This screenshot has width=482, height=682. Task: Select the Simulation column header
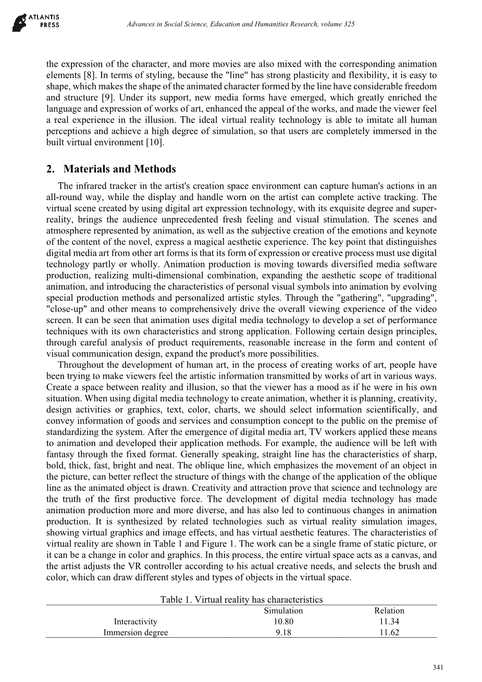pos(283,611)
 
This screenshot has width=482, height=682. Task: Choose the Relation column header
pos(389,611)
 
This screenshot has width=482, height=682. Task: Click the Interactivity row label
pos(135,622)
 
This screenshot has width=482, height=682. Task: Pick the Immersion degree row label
pos(135,633)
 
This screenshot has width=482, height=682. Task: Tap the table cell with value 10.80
pos(283,622)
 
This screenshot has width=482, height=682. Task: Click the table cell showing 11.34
pos(389,622)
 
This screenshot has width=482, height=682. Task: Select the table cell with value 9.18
pos(283,633)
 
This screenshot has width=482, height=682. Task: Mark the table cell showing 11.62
pos(389,633)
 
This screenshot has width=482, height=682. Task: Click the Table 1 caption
pos(241,600)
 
